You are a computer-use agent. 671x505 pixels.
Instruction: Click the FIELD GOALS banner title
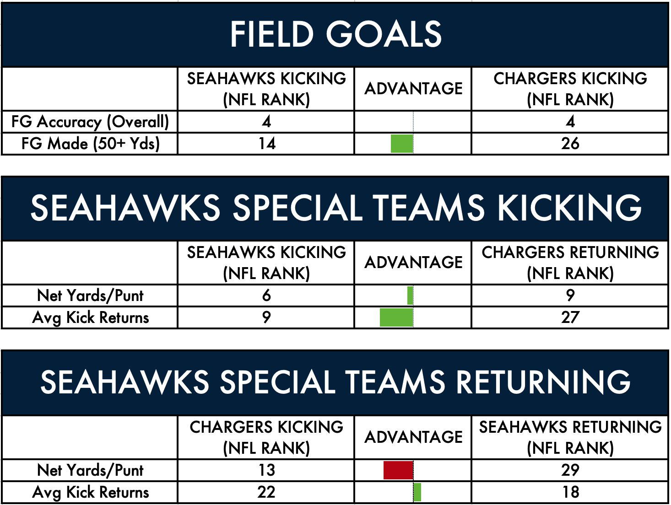[335, 34]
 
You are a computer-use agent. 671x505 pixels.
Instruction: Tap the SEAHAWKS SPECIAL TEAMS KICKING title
[335, 208]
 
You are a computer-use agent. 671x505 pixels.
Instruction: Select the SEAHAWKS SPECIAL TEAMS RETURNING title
[335, 382]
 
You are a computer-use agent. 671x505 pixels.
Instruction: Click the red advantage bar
[398, 470]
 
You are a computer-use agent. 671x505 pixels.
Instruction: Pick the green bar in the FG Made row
[402, 144]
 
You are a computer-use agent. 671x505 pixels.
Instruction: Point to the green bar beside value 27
[396, 317]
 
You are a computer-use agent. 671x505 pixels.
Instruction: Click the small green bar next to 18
[417, 492]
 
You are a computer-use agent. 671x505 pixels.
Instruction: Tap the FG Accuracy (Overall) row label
[90, 122]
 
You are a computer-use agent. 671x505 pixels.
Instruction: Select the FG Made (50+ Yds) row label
[91, 144]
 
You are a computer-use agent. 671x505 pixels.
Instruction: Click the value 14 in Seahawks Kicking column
[267, 144]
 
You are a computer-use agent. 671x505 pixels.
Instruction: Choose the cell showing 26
[570, 144]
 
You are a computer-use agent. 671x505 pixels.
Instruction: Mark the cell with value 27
[570, 317]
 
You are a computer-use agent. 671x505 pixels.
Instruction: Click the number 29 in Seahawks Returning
[570, 470]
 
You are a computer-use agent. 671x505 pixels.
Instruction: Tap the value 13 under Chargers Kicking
[267, 470]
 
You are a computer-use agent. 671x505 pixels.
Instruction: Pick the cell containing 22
[266, 492]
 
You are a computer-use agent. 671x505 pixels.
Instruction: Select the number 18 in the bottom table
[571, 492]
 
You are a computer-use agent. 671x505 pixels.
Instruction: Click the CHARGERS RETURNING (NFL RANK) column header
[570, 263]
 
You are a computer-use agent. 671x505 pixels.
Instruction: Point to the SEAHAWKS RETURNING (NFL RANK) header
[570, 437]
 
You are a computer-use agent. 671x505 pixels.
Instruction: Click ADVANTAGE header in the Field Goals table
[413, 89]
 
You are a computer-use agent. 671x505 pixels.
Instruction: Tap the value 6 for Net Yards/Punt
[266, 295]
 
